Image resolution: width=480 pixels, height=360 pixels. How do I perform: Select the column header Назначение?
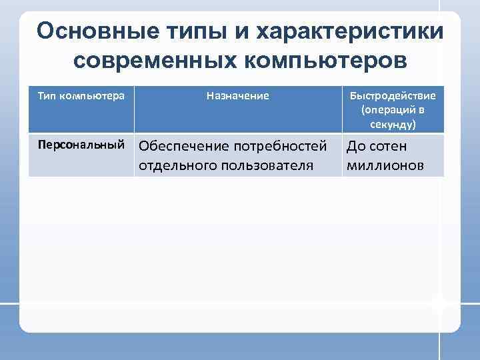(238, 96)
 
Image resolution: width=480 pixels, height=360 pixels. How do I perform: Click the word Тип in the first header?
(47, 96)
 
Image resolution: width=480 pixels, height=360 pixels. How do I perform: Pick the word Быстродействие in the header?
(393, 96)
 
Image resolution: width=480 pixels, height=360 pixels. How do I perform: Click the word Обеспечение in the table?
(179, 146)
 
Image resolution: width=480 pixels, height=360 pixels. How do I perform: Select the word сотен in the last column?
(388, 146)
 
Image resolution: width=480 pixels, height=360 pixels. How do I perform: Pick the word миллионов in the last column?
(384, 165)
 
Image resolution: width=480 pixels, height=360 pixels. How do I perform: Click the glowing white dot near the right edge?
(438, 304)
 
